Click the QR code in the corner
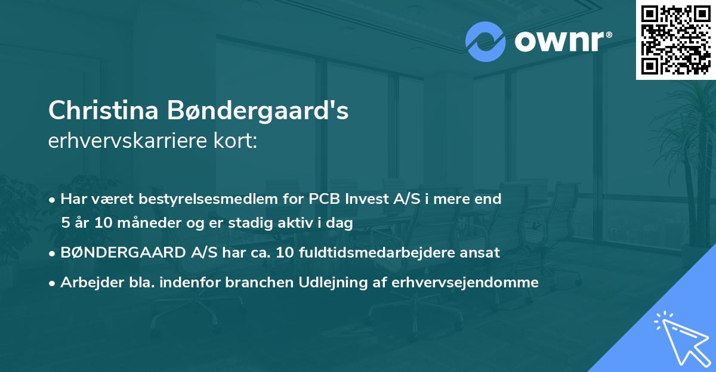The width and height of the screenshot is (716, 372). [x=675, y=39]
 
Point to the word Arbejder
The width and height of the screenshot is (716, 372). [x=88, y=282]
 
